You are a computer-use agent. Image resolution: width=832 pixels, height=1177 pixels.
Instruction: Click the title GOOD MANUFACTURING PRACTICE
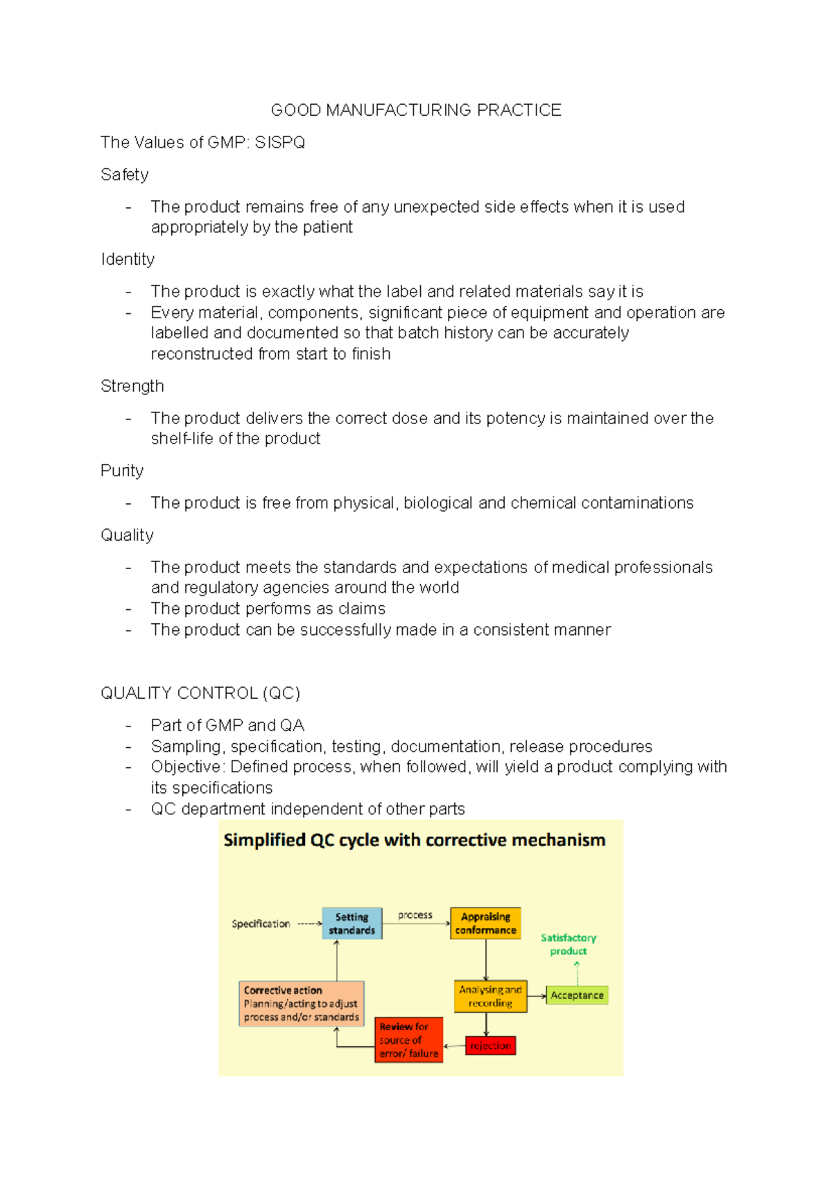(x=416, y=110)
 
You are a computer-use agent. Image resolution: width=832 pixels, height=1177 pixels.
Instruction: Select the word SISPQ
(x=279, y=143)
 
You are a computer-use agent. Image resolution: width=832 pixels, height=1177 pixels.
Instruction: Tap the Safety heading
(x=125, y=175)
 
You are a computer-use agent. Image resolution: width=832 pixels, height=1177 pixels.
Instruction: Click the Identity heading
(x=128, y=259)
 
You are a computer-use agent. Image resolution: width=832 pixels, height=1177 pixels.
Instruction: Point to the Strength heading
(x=132, y=386)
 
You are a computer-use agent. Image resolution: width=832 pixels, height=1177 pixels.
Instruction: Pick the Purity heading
(x=122, y=471)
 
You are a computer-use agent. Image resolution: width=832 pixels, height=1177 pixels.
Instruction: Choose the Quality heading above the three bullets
(x=127, y=535)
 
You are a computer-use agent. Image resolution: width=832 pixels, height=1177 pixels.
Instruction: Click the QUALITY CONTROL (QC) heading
(x=200, y=693)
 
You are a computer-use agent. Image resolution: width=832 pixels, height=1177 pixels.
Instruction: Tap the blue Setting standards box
(x=352, y=923)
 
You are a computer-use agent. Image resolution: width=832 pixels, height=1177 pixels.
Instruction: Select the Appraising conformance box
(x=485, y=923)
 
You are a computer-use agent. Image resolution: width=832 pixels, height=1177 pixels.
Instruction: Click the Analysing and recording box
(x=490, y=996)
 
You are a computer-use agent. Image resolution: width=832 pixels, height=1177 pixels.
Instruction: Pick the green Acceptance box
(x=577, y=995)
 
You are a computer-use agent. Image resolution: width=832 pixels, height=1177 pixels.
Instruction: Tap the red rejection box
(x=490, y=1045)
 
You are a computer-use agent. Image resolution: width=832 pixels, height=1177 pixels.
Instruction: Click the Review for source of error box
(x=408, y=1040)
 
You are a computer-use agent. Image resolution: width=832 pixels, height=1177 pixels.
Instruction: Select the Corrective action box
(x=301, y=1004)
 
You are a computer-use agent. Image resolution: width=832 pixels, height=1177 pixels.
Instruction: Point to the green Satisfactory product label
(x=569, y=944)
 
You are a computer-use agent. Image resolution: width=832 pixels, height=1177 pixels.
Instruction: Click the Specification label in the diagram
(x=261, y=924)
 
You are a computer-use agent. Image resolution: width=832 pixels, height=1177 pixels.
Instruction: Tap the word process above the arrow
(x=415, y=915)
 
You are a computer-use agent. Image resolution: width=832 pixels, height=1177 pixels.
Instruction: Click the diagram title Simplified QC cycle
(x=414, y=840)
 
